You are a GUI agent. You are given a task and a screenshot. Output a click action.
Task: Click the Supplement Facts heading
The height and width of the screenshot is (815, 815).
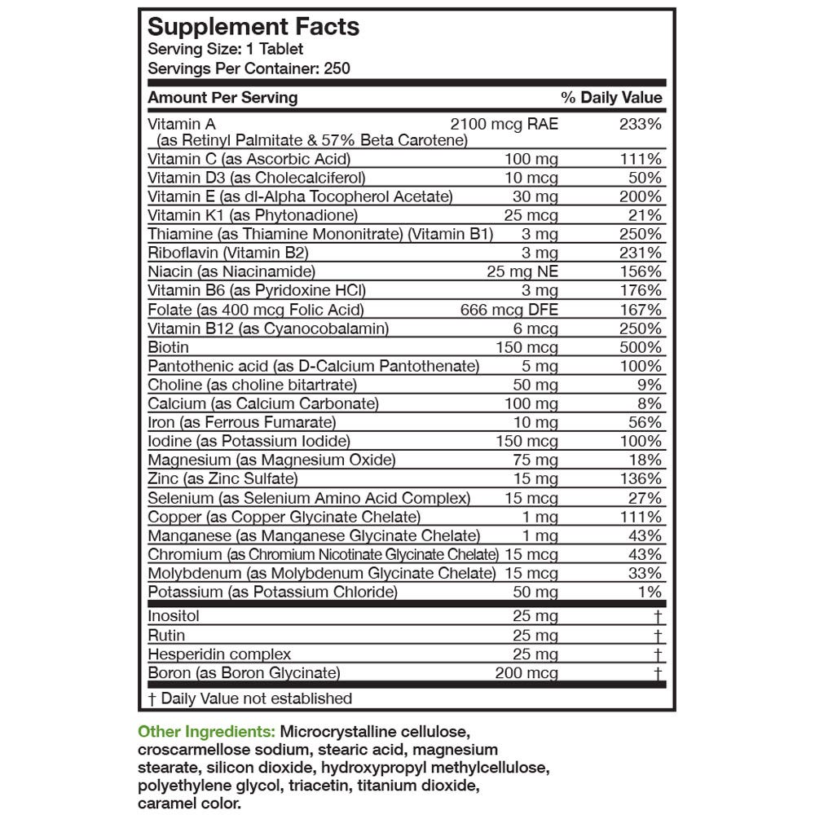coord(253,27)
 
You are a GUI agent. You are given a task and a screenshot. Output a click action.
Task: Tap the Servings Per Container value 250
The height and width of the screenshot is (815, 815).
coord(337,68)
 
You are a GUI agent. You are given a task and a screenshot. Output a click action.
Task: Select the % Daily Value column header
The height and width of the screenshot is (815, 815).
coord(611,98)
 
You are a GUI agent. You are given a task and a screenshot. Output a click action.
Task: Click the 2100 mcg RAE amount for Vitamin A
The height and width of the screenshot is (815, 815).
coord(504,124)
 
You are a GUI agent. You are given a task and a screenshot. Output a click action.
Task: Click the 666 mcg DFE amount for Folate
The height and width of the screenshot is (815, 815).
coord(509,310)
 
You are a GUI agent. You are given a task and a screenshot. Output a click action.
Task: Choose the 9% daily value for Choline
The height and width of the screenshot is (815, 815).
coord(649,385)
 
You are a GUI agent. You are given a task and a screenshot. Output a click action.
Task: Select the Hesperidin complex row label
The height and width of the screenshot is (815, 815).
coord(219,654)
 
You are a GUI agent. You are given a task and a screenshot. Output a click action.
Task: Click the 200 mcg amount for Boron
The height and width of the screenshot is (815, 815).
coord(526,673)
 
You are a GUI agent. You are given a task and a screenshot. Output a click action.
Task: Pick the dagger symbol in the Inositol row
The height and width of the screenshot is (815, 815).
coord(657,617)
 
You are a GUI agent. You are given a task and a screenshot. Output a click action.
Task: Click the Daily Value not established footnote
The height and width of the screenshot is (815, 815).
coord(250,698)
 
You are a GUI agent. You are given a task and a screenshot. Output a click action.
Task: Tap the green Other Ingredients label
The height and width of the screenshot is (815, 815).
coord(206,732)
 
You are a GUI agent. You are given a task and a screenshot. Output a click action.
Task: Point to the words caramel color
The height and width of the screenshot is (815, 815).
coord(190,803)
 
